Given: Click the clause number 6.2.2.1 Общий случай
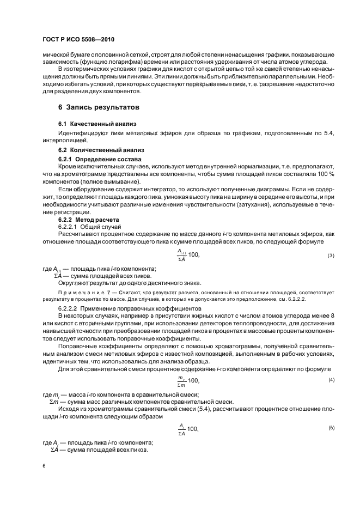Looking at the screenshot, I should pyautogui.click(x=89, y=227).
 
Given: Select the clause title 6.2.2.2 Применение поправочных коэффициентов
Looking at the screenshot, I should pyautogui.click(x=120, y=308).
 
